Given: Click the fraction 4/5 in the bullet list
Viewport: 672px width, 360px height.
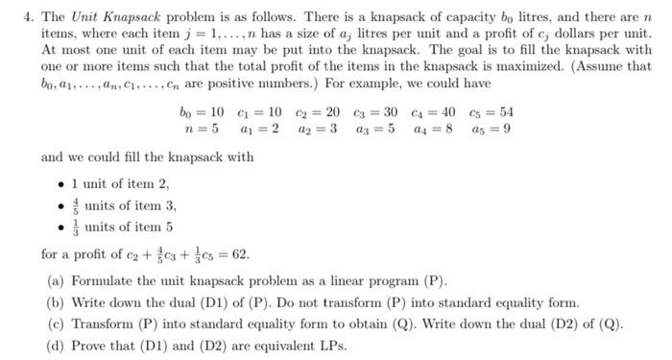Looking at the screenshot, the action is coord(76,204).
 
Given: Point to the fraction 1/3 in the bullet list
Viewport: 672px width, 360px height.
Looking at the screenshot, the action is coord(76,228).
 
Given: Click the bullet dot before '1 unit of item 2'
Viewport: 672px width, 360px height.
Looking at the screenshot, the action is coord(63,182).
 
